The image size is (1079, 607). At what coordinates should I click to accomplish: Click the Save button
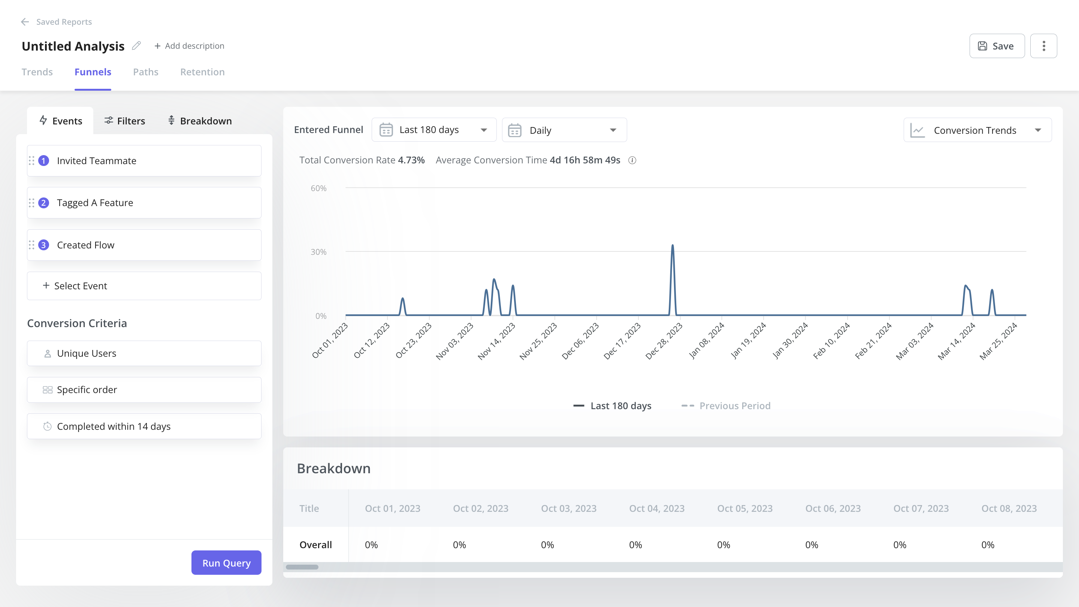(997, 46)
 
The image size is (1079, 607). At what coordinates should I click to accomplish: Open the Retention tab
(202, 72)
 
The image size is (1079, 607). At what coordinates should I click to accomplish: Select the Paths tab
(145, 72)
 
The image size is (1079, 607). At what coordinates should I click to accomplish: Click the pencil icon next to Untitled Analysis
(136, 46)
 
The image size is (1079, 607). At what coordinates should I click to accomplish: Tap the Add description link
(189, 46)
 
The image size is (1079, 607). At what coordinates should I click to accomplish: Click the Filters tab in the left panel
(124, 121)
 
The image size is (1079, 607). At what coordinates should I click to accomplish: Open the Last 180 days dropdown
(433, 130)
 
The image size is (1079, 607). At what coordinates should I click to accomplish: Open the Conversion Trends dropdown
(977, 130)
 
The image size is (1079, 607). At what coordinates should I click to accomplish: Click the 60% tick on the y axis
(318, 188)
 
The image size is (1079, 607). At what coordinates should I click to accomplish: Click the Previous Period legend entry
(727, 405)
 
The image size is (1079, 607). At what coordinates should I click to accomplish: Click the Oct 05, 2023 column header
(745, 508)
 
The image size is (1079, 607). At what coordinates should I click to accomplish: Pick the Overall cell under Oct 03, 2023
(547, 544)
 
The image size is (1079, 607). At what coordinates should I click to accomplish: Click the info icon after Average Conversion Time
(632, 160)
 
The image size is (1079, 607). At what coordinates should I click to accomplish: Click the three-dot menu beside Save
(1043, 46)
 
